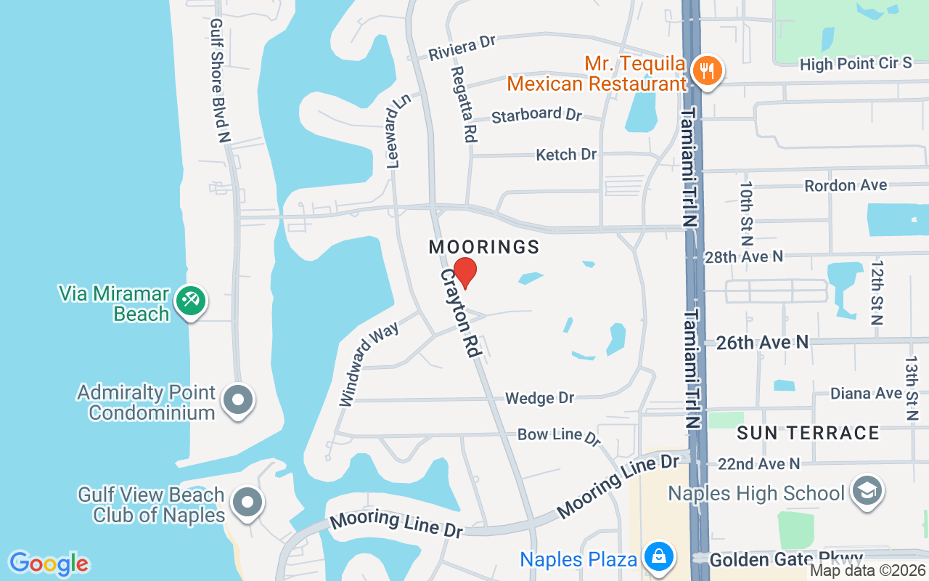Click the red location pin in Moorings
[x=464, y=272]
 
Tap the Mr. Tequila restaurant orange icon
[x=705, y=70]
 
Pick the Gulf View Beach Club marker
[x=247, y=502]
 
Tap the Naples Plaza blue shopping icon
[x=658, y=557]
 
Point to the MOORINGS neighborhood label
[x=484, y=247]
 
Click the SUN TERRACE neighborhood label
[x=808, y=434]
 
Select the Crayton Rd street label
[x=462, y=313]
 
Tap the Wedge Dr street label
[x=539, y=398]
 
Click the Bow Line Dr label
[x=559, y=436]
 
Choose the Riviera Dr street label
[x=462, y=48]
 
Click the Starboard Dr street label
[x=537, y=115]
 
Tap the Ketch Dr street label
[x=566, y=155]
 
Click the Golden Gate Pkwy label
[x=787, y=560]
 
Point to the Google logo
[x=49, y=564]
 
